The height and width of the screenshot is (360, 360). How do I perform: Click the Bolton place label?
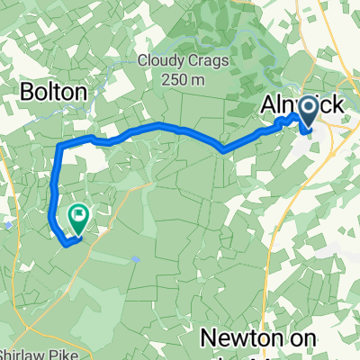click(54, 93)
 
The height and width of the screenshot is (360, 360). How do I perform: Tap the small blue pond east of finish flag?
click(135, 258)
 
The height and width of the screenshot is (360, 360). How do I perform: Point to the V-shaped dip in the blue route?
click(223, 150)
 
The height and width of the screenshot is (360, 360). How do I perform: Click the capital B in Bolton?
click(27, 93)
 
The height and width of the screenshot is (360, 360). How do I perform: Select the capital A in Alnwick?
click(268, 105)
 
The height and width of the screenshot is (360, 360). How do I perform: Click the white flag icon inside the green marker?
click(78, 215)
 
